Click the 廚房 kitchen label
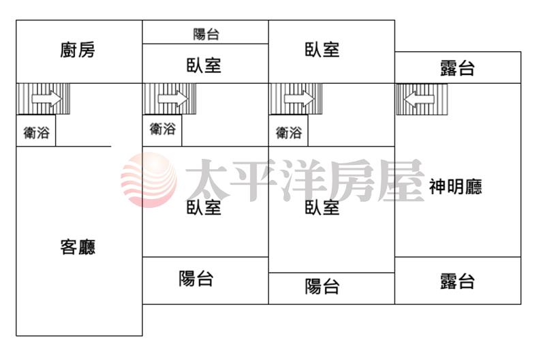click(x=78, y=50)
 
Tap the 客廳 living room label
click(x=78, y=247)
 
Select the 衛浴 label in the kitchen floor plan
click(x=37, y=132)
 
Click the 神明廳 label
click(x=455, y=186)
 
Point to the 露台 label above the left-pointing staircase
click(x=457, y=68)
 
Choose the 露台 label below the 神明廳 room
click(x=457, y=281)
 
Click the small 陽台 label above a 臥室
click(x=206, y=34)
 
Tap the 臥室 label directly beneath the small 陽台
click(x=204, y=65)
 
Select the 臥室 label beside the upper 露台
click(x=322, y=50)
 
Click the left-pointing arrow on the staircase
click(x=420, y=99)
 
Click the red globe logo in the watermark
click(x=149, y=180)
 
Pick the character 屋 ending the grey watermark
click(x=401, y=180)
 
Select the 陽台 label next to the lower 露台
click(x=322, y=287)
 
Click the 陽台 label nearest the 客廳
click(x=196, y=279)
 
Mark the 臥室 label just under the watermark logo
click(x=204, y=208)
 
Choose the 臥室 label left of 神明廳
click(x=322, y=208)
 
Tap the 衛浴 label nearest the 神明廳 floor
click(x=289, y=132)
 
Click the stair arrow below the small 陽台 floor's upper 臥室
click(x=173, y=99)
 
